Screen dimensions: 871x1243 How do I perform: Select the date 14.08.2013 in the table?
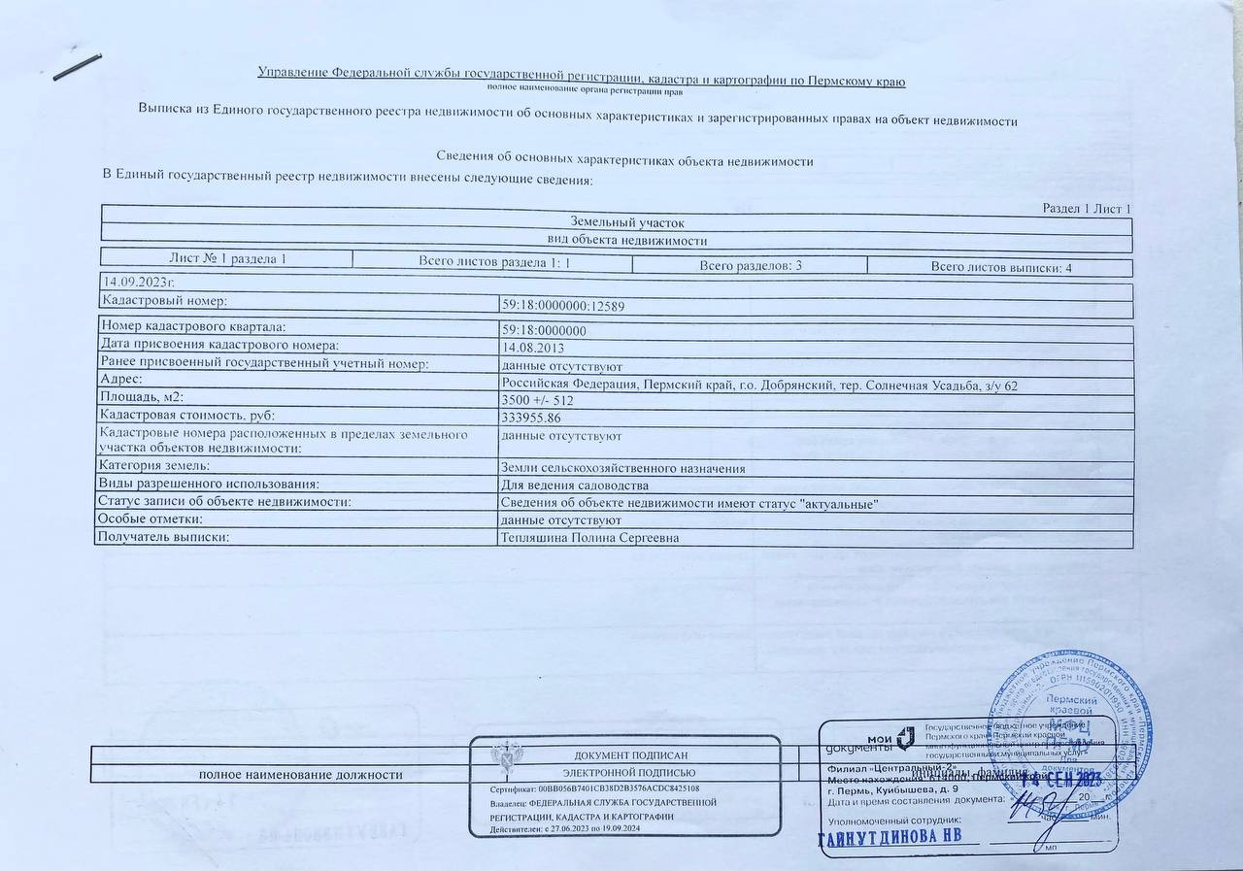tap(532, 348)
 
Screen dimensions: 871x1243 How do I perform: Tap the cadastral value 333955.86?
tap(530, 418)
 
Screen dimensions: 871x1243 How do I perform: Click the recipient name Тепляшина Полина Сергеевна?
tap(588, 537)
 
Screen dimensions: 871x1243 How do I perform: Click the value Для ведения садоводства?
tap(574, 486)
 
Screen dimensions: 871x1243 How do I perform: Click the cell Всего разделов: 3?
tap(750, 265)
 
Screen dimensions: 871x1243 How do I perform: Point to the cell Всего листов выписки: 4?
tap(1000, 267)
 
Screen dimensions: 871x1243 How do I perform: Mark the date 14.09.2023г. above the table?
tap(139, 283)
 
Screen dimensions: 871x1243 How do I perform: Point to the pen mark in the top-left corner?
tap(78, 67)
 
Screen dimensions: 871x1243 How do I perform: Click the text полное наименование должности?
tap(300, 775)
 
